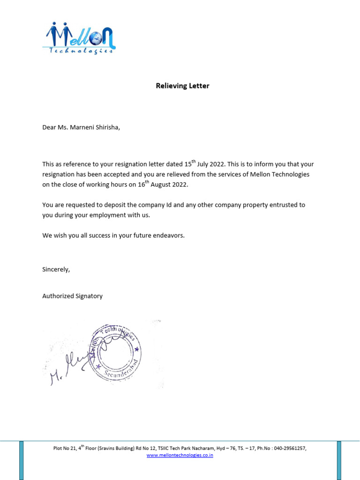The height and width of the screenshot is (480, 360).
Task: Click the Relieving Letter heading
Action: [x=182, y=86]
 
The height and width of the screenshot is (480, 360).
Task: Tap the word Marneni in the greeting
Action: [x=81, y=127]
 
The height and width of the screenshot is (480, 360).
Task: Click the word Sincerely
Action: [x=56, y=269]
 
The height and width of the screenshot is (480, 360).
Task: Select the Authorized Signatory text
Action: [x=72, y=296]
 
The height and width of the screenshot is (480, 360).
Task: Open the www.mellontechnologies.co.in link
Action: [x=180, y=455]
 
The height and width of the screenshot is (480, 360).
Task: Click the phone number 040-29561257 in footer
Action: [x=290, y=449]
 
